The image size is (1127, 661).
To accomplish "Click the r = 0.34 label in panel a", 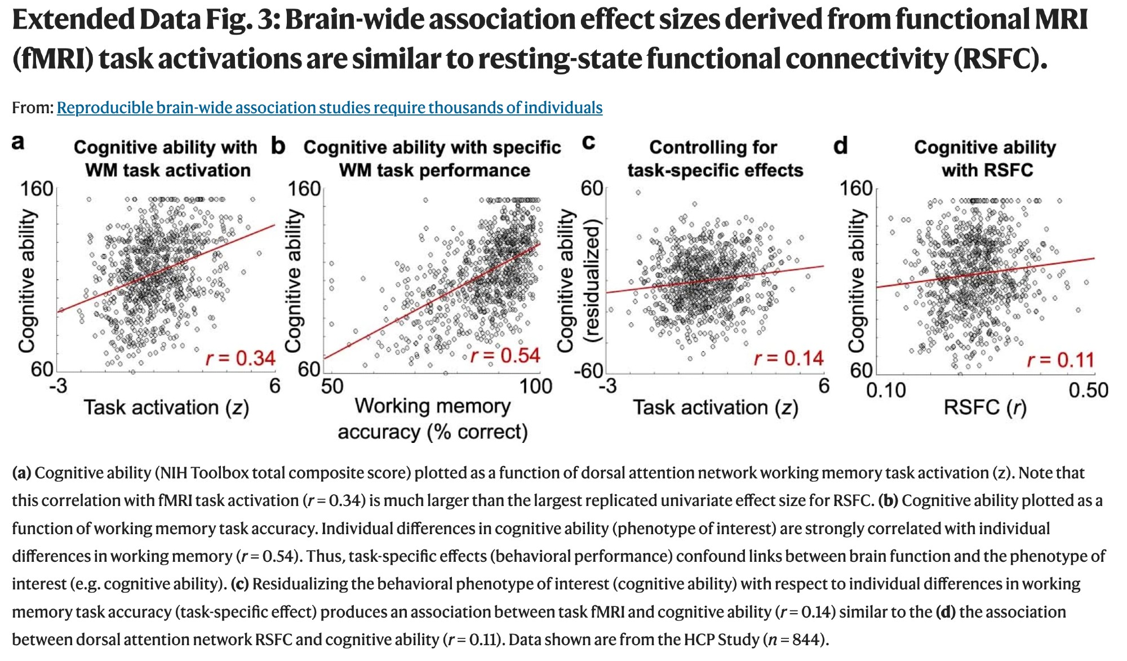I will pos(241,358).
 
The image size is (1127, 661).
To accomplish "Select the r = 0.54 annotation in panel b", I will pos(505,356).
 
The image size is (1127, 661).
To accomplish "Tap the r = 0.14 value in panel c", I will pos(789,358).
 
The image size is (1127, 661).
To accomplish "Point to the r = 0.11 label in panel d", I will pos(1060,360).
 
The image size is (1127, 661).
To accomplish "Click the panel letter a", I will pos(18,142).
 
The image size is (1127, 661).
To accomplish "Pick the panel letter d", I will pos(840,146).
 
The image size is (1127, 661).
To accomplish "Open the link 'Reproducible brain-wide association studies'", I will pos(329,108).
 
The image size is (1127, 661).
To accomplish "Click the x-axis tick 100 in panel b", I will pos(535,387).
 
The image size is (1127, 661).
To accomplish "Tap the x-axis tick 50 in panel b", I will pos(332,387).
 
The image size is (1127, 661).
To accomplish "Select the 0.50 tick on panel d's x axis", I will pos(1088,390).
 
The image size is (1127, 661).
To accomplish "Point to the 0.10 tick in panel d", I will pos(886,390).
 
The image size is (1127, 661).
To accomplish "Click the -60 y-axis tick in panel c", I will pos(588,371).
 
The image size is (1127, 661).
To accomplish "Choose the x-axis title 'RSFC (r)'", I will pos(985,407).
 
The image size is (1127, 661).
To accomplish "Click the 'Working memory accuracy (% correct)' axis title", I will pos(433,419).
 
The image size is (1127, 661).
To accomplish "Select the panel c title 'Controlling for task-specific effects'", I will pos(715,158).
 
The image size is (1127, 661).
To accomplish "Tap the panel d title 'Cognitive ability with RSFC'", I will pos(986,158).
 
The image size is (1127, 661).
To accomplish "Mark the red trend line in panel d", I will pos(986,273).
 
